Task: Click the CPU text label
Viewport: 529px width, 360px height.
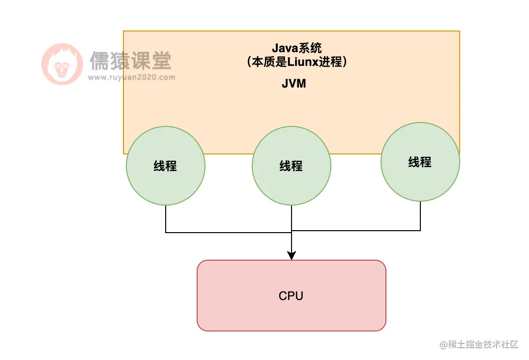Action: click(x=291, y=296)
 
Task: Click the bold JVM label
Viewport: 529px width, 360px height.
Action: click(x=294, y=84)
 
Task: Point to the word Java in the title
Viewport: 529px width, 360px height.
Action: click(x=283, y=48)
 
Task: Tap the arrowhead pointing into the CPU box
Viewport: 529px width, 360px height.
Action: click(x=292, y=256)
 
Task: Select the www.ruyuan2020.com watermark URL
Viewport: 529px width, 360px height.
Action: click(x=131, y=77)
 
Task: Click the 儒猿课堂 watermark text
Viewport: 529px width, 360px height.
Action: click(x=130, y=61)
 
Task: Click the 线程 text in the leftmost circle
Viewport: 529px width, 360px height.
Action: click(x=165, y=166)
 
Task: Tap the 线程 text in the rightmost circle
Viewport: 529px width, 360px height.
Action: click(x=420, y=162)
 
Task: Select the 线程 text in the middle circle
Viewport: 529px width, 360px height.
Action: click(x=291, y=166)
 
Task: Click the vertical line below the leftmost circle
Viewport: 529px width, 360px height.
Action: click(x=166, y=218)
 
